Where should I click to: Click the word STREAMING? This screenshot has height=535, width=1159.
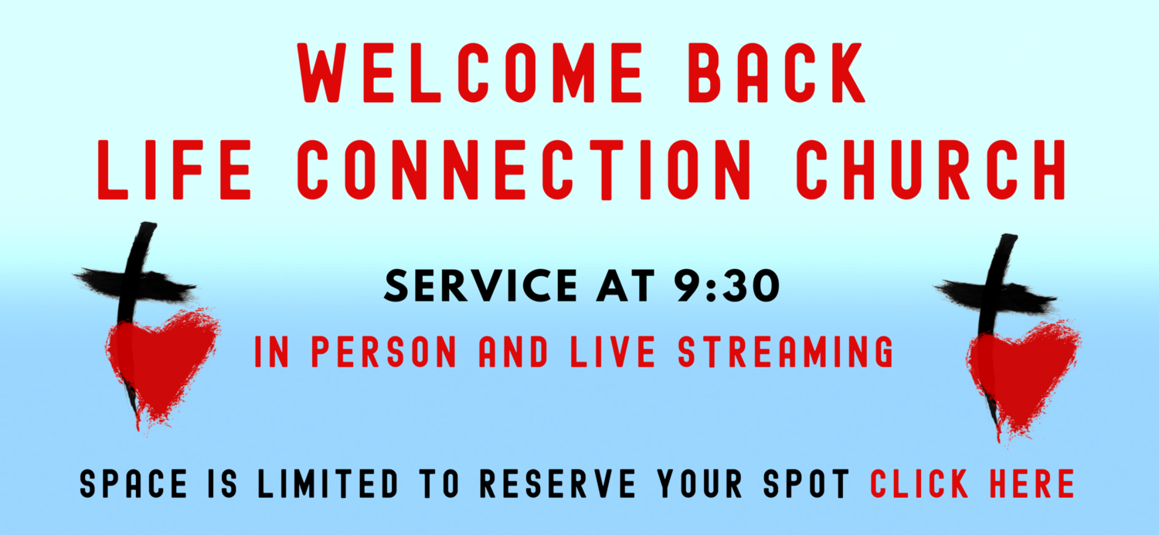click(x=786, y=352)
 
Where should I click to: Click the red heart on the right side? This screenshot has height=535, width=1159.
click(x=1022, y=371)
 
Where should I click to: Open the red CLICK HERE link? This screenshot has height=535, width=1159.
click(x=973, y=484)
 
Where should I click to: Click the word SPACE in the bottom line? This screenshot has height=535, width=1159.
click(x=134, y=484)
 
